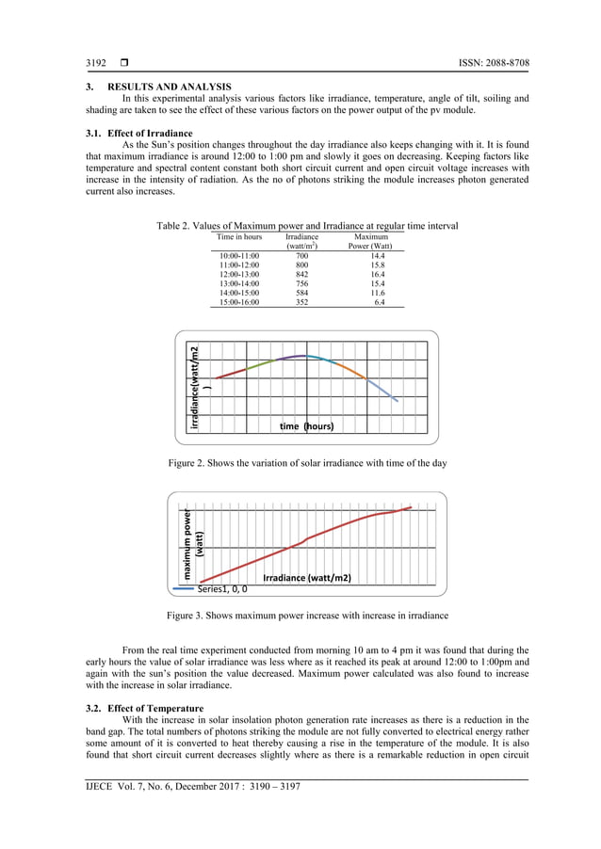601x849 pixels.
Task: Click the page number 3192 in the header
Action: pyautogui.click(x=97, y=63)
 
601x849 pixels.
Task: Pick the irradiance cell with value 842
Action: pyautogui.click(x=301, y=274)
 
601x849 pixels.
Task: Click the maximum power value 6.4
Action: pyautogui.click(x=379, y=302)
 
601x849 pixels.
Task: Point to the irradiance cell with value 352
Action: pyautogui.click(x=301, y=302)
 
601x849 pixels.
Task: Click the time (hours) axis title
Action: pyautogui.click(x=307, y=426)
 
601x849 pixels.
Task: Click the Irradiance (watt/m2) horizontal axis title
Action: pyautogui.click(x=307, y=578)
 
